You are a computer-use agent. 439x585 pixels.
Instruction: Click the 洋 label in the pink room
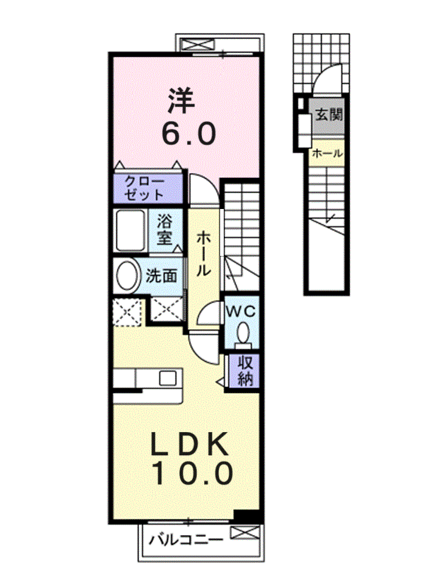[x=182, y=101]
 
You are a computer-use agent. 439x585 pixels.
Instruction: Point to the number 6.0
[x=188, y=133]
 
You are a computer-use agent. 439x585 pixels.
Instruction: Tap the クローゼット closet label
[x=145, y=188]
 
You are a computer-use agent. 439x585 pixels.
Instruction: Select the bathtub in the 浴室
[x=130, y=231]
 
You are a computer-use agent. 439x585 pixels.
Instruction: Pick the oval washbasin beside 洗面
[x=127, y=275]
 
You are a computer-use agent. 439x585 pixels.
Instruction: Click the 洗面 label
[x=161, y=276]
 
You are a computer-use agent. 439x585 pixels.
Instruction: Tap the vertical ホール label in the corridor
[x=203, y=253]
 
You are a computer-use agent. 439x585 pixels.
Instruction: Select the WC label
[x=242, y=311]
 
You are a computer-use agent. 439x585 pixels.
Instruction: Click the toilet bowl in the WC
[x=243, y=333]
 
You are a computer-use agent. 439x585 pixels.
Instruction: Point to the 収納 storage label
[x=245, y=370]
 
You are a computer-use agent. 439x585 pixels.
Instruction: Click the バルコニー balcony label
[x=187, y=540]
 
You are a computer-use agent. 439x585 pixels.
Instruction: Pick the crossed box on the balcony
[x=244, y=532]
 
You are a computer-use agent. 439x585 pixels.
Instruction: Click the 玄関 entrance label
[x=329, y=115]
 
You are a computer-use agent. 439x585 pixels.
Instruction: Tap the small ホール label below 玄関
[x=327, y=153]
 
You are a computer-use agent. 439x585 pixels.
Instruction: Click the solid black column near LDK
[x=246, y=516]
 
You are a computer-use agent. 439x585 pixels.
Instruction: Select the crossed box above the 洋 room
[x=198, y=44]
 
